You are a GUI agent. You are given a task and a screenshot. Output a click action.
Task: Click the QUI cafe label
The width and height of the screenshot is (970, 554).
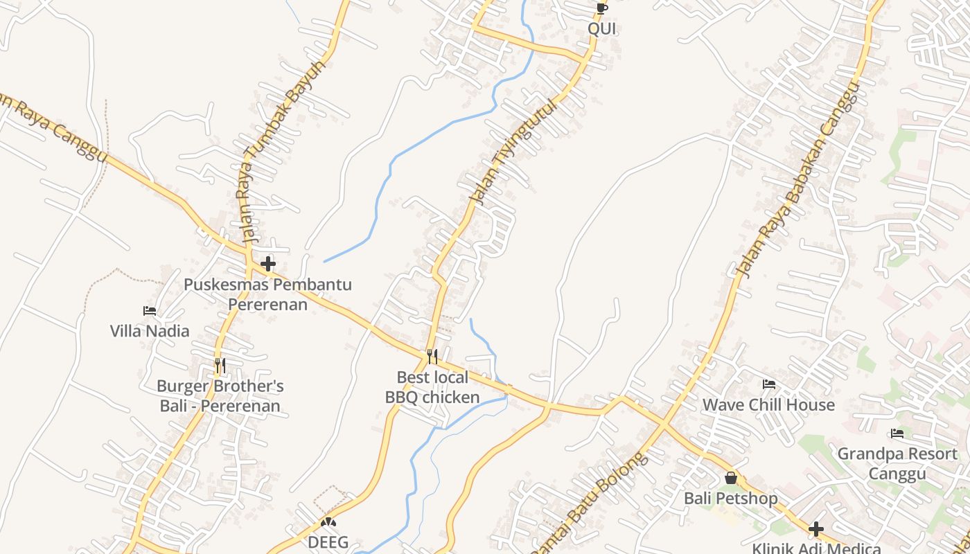click(x=601, y=29)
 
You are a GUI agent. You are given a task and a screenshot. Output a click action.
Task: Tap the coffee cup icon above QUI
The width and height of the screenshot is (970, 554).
click(x=601, y=8)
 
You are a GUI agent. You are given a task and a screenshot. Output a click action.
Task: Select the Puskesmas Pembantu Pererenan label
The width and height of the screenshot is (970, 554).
click(x=267, y=294)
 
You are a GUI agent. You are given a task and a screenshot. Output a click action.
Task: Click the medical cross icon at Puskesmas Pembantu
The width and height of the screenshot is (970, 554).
click(x=268, y=264)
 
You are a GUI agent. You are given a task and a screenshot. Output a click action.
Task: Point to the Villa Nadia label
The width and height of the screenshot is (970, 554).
click(x=150, y=331)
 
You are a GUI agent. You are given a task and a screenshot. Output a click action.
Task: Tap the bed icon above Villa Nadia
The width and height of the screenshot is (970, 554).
click(x=150, y=311)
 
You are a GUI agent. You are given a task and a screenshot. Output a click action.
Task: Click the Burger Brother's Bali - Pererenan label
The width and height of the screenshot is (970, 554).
click(x=220, y=396)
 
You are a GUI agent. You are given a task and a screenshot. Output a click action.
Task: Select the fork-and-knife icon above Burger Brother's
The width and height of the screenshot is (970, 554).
click(x=220, y=365)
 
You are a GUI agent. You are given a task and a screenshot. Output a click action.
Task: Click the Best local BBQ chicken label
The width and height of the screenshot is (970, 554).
click(x=432, y=387)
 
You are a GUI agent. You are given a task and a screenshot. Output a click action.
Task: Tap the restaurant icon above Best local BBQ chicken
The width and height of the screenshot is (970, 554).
click(x=432, y=356)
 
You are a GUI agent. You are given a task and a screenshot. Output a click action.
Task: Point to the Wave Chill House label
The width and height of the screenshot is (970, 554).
click(x=768, y=404)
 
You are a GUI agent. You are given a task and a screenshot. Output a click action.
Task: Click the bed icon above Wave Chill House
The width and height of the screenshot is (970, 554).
click(x=768, y=384)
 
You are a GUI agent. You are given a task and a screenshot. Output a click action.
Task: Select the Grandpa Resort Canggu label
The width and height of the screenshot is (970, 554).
click(x=897, y=464)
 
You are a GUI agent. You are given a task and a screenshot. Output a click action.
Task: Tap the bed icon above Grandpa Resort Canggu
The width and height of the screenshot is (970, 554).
click(x=897, y=434)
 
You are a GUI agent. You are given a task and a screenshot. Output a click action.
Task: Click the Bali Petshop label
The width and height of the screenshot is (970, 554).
click(x=730, y=499)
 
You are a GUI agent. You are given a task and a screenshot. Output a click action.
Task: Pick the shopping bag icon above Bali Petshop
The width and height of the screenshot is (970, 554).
click(x=730, y=478)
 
